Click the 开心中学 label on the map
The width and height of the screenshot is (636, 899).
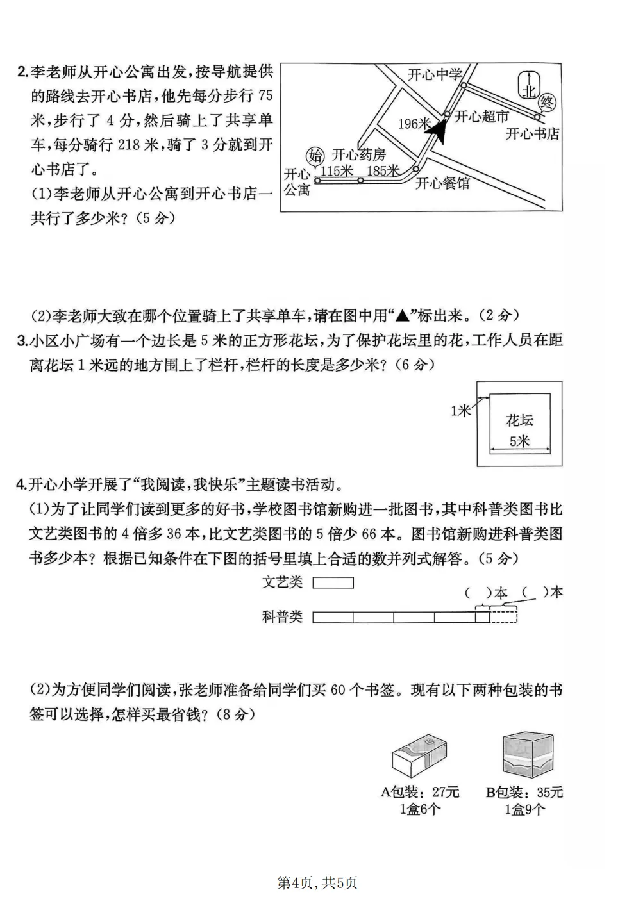click(435, 75)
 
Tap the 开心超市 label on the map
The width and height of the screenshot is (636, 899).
click(481, 117)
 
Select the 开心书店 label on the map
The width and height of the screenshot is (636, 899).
click(532, 133)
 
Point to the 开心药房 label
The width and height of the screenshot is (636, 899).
click(358, 155)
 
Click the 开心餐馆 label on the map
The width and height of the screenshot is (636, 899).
click(442, 183)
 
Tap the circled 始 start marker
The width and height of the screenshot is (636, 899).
click(315, 155)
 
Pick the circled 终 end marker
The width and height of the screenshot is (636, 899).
click(546, 103)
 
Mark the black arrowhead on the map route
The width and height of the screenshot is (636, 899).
click(437, 131)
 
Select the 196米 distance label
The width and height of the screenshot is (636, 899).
click(415, 124)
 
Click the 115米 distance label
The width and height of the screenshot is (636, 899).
click(337, 171)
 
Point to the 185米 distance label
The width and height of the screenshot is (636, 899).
click(383, 171)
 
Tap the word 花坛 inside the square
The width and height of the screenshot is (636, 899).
click(519, 420)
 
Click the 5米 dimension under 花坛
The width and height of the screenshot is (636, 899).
click(519, 441)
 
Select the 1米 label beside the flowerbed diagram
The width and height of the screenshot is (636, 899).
click(460, 411)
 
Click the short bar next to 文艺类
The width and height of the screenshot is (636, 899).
click(333, 582)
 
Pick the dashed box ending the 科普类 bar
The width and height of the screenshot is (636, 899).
click(503, 616)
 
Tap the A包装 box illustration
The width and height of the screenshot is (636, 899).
click(419, 757)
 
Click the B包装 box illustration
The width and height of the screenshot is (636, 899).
click(528, 755)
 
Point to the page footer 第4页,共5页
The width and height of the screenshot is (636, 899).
click(317, 882)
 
